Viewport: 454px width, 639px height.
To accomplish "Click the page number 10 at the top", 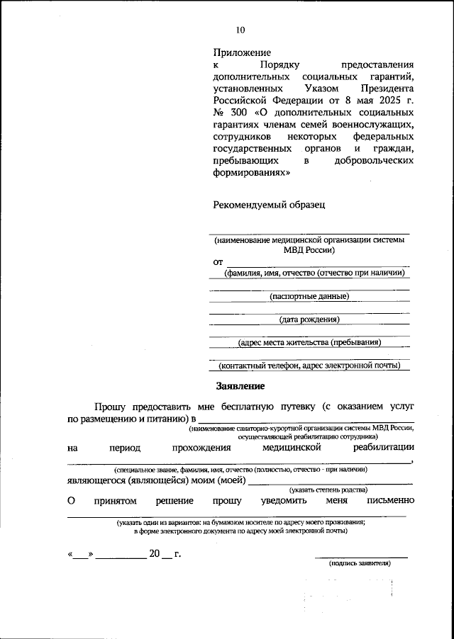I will tap(240, 30).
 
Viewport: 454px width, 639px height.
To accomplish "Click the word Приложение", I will tap(242, 52).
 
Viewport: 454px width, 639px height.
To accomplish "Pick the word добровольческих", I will tap(374, 161).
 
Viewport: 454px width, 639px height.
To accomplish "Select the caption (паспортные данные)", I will tap(309, 296).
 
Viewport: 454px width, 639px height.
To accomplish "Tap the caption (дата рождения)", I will tap(309, 319).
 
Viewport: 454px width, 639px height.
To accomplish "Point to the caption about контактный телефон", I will tap(309, 366).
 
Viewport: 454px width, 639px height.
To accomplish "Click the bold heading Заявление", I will tap(240, 387).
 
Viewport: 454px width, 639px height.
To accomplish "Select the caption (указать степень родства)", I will tap(328, 490).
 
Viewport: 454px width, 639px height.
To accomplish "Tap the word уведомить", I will tap(275, 501).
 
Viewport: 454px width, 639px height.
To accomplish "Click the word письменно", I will tap(390, 501).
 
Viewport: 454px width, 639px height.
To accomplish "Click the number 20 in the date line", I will tap(155, 554).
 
